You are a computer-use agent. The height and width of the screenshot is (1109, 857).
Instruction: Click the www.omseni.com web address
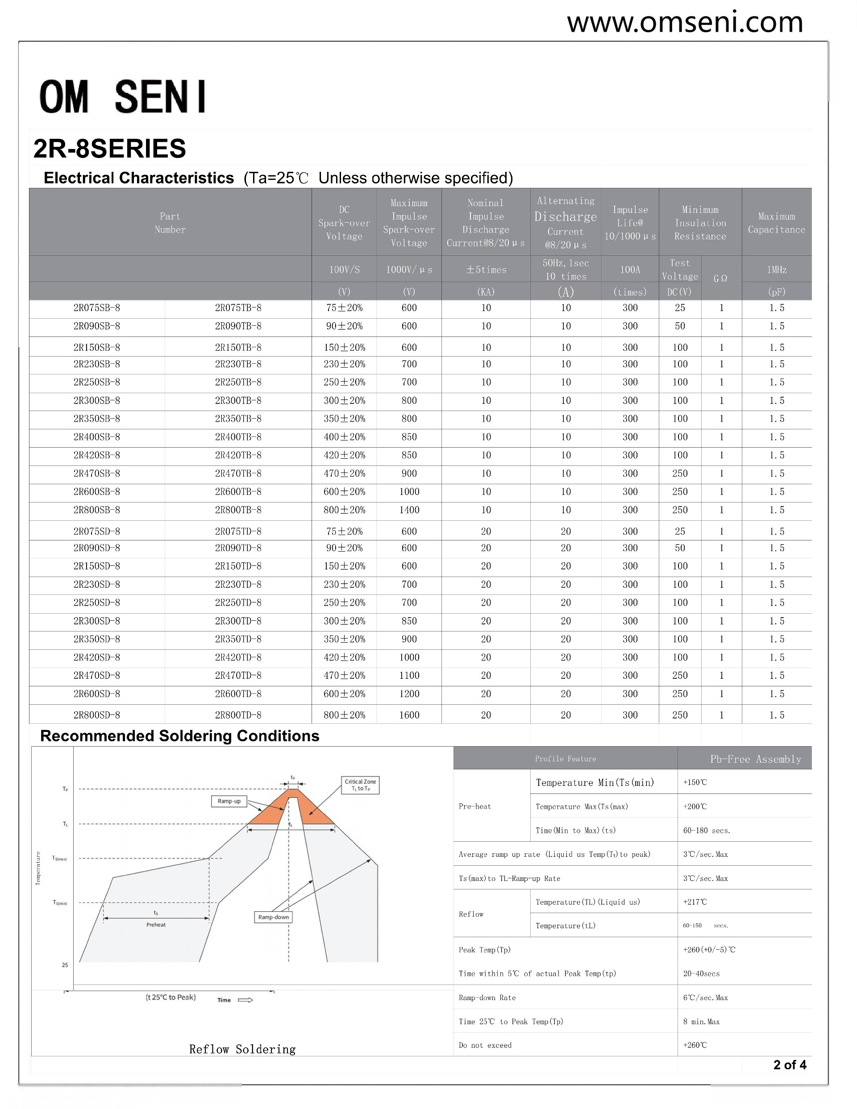[684, 23]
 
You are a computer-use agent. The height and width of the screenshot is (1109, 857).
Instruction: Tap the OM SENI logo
[123, 96]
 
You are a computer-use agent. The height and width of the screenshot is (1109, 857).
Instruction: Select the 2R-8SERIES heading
[110, 149]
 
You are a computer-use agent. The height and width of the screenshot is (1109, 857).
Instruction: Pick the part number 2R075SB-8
[96, 308]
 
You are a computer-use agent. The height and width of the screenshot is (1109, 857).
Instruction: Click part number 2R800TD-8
[238, 715]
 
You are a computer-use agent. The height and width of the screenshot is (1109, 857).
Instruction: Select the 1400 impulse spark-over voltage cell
[409, 510]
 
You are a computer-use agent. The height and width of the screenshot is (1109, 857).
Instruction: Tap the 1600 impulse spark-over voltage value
[409, 715]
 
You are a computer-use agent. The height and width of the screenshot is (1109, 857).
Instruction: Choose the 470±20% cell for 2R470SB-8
[345, 473]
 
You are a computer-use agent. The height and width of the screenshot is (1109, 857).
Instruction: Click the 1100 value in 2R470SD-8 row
[409, 675]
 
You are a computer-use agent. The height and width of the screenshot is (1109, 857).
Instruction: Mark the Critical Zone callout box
[360, 785]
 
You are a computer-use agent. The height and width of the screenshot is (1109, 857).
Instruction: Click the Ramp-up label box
[229, 801]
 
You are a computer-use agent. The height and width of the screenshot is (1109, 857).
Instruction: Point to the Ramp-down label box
[273, 917]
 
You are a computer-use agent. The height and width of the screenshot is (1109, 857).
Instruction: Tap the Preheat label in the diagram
[156, 925]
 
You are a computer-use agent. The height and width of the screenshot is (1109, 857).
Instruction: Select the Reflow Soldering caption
[242, 1049]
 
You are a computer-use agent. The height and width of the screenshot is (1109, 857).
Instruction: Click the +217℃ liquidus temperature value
[695, 902]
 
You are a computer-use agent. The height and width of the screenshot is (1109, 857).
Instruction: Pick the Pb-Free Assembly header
[755, 759]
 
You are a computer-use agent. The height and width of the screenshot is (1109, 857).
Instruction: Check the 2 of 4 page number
[790, 1065]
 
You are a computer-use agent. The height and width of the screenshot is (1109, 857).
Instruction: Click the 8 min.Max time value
[701, 1021]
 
